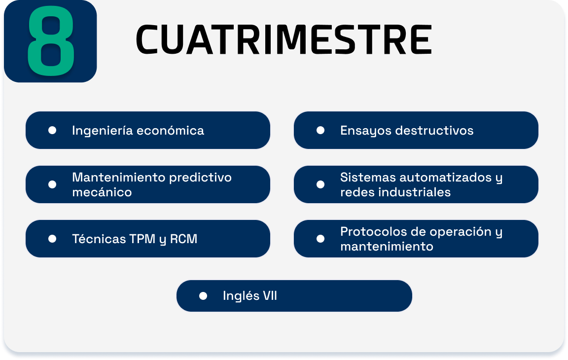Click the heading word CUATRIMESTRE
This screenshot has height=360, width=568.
click(x=284, y=39)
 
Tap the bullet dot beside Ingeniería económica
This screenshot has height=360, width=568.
click(x=52, y=130)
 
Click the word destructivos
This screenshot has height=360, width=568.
click(x=434, y=130)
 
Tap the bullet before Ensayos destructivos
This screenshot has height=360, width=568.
click(x=320, y=130)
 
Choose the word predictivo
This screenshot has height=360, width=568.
click(x=200, y=178)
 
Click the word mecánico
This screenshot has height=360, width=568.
click(x=102, y=192)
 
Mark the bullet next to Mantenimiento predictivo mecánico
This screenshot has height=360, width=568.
click(x=52, y=184)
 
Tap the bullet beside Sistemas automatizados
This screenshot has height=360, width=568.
click(x=320, y=184)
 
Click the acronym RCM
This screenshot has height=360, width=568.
click(x=183, y=239)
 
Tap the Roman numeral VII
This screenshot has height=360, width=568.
click(x=270, y=296)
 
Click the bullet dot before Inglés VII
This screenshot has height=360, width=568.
click(x=203, y=296)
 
